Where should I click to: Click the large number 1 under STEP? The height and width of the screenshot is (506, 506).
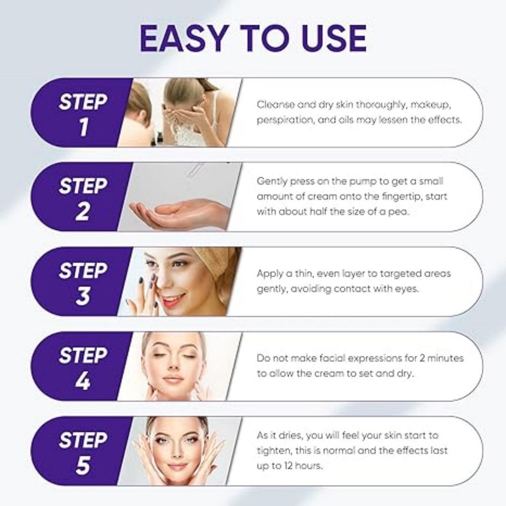tap(83, 127)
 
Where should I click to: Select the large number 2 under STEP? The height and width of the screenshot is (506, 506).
tap(83, 211)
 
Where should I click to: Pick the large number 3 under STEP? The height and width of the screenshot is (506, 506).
tap(83, 296)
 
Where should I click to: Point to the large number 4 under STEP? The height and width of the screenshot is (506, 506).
tap(83, 381)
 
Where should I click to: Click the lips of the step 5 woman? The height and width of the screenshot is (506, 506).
tap(177, 466)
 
